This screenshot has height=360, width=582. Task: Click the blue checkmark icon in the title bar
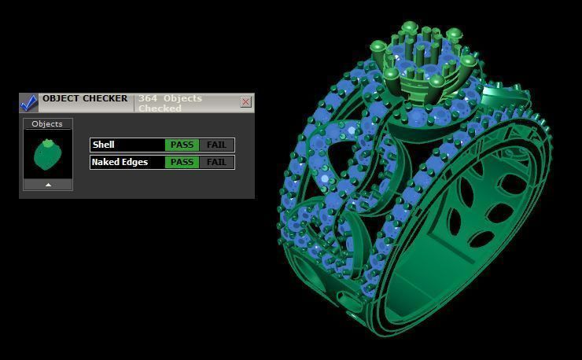tap(29, 102)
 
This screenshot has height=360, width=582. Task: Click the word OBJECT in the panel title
tap(62, 99)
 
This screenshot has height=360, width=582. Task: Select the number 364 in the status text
tap(147, 98)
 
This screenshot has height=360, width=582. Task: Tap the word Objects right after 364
tap(183, 98)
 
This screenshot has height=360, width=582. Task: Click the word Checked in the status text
tap(160, 108)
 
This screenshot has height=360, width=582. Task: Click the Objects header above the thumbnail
tap(47, 124)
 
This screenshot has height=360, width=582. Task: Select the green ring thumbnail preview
tap(47, 155)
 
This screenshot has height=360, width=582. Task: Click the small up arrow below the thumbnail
tap(48, 185)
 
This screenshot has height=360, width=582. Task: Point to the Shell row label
tap(104, 145)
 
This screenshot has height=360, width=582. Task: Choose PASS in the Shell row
tap(182, 145)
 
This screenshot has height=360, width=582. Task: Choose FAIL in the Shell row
tap(216, 145)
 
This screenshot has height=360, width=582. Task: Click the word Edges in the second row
tap(135, 162)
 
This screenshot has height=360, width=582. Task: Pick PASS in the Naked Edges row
tap(182, 162)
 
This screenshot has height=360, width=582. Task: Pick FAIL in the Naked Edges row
tap(216, 162)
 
